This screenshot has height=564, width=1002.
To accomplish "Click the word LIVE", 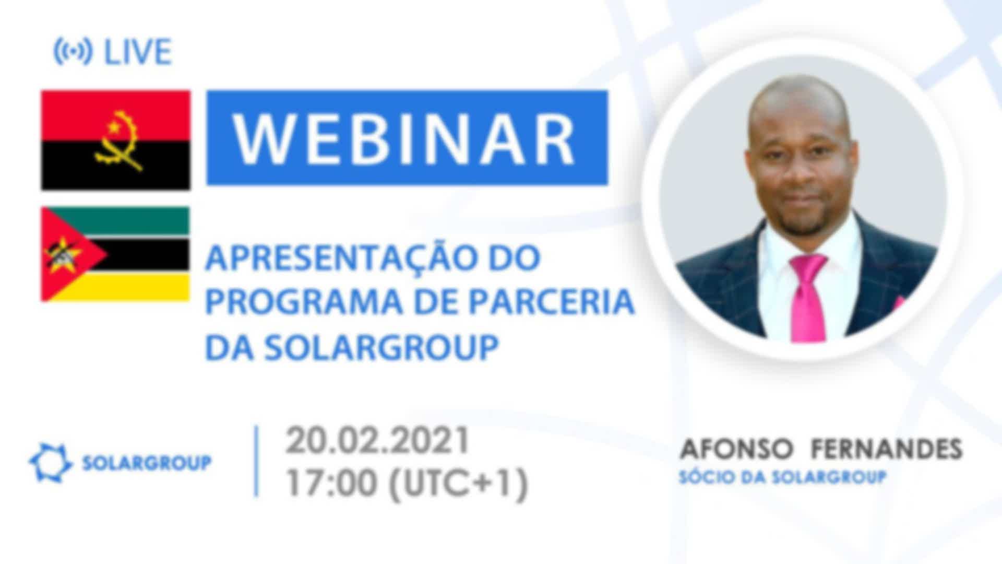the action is click(x=138, y=52).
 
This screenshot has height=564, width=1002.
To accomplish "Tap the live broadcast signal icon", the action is click(x=73, y=52).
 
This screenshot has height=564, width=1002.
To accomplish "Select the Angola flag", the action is click(x=116, y=140).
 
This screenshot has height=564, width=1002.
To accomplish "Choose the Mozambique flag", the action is click(x=115, y=254).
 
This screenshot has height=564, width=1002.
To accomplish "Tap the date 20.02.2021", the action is click(x=377, y=441).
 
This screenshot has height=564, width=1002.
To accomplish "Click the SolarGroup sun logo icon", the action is click(x=50, y=463).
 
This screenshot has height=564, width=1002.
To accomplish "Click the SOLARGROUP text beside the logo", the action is click(x=147, y=463).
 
